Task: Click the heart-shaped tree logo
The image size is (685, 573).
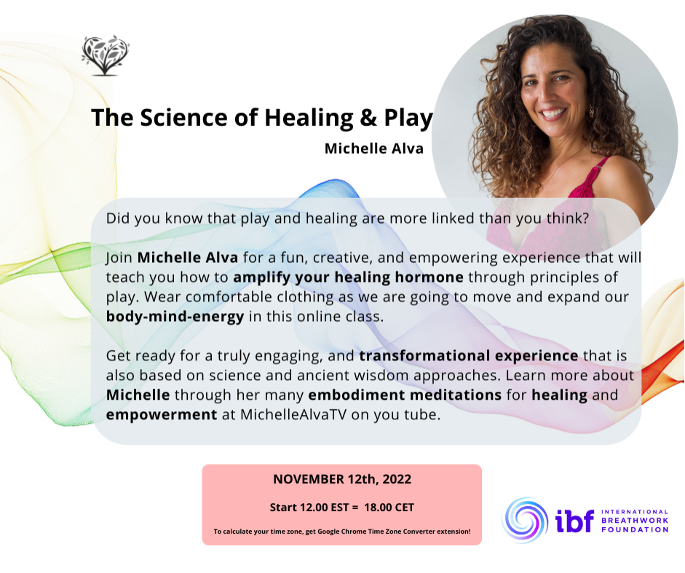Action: (106, 55)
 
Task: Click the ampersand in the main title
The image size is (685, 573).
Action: (369, 118)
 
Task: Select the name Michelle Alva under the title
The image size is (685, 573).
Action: (374, 149)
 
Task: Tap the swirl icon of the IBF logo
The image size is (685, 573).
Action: (525, 520)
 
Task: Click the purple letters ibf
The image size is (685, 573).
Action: (575, 521)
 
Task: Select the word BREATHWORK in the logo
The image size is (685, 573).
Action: (635, 521)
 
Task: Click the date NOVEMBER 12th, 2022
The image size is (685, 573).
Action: (342, 480)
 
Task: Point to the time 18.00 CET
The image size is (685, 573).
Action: (389, 507)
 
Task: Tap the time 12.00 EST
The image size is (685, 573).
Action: (309, 507)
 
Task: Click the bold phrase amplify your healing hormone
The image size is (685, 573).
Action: (348, 277)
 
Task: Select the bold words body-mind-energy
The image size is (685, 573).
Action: (175, 317)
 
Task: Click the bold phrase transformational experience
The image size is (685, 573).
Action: (469, 356)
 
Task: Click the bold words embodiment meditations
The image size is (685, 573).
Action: (405, 395)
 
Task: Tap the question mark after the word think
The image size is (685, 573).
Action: (586, 218)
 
